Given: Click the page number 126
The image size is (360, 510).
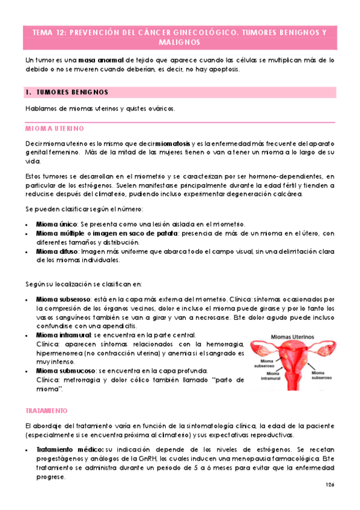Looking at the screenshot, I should click(x=329, y=485).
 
